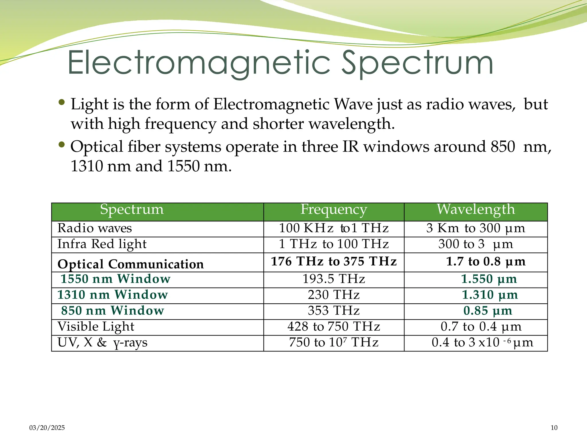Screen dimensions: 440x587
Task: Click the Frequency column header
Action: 334,210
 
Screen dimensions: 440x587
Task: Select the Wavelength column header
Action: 476,210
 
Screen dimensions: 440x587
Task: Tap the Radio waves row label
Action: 95,228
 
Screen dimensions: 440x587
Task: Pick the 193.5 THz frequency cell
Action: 334,279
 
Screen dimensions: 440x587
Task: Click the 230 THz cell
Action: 334,295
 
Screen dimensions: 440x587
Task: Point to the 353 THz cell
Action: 334,311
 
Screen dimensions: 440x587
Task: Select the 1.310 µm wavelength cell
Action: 490,295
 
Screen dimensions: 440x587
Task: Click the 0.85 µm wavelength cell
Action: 488,311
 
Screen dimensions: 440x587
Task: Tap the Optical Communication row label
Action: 130,264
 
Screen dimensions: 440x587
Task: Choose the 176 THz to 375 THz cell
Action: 334,262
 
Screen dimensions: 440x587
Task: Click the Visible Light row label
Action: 96,327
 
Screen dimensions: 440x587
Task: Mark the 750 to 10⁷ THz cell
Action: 334,343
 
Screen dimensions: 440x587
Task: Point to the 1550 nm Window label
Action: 115,279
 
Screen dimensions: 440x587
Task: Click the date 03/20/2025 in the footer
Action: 47,428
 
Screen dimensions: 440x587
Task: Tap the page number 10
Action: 554,428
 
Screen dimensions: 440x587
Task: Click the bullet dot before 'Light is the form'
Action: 61,102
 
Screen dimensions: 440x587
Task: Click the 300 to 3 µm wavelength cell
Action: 476,244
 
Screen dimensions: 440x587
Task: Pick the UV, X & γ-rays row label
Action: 102,343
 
